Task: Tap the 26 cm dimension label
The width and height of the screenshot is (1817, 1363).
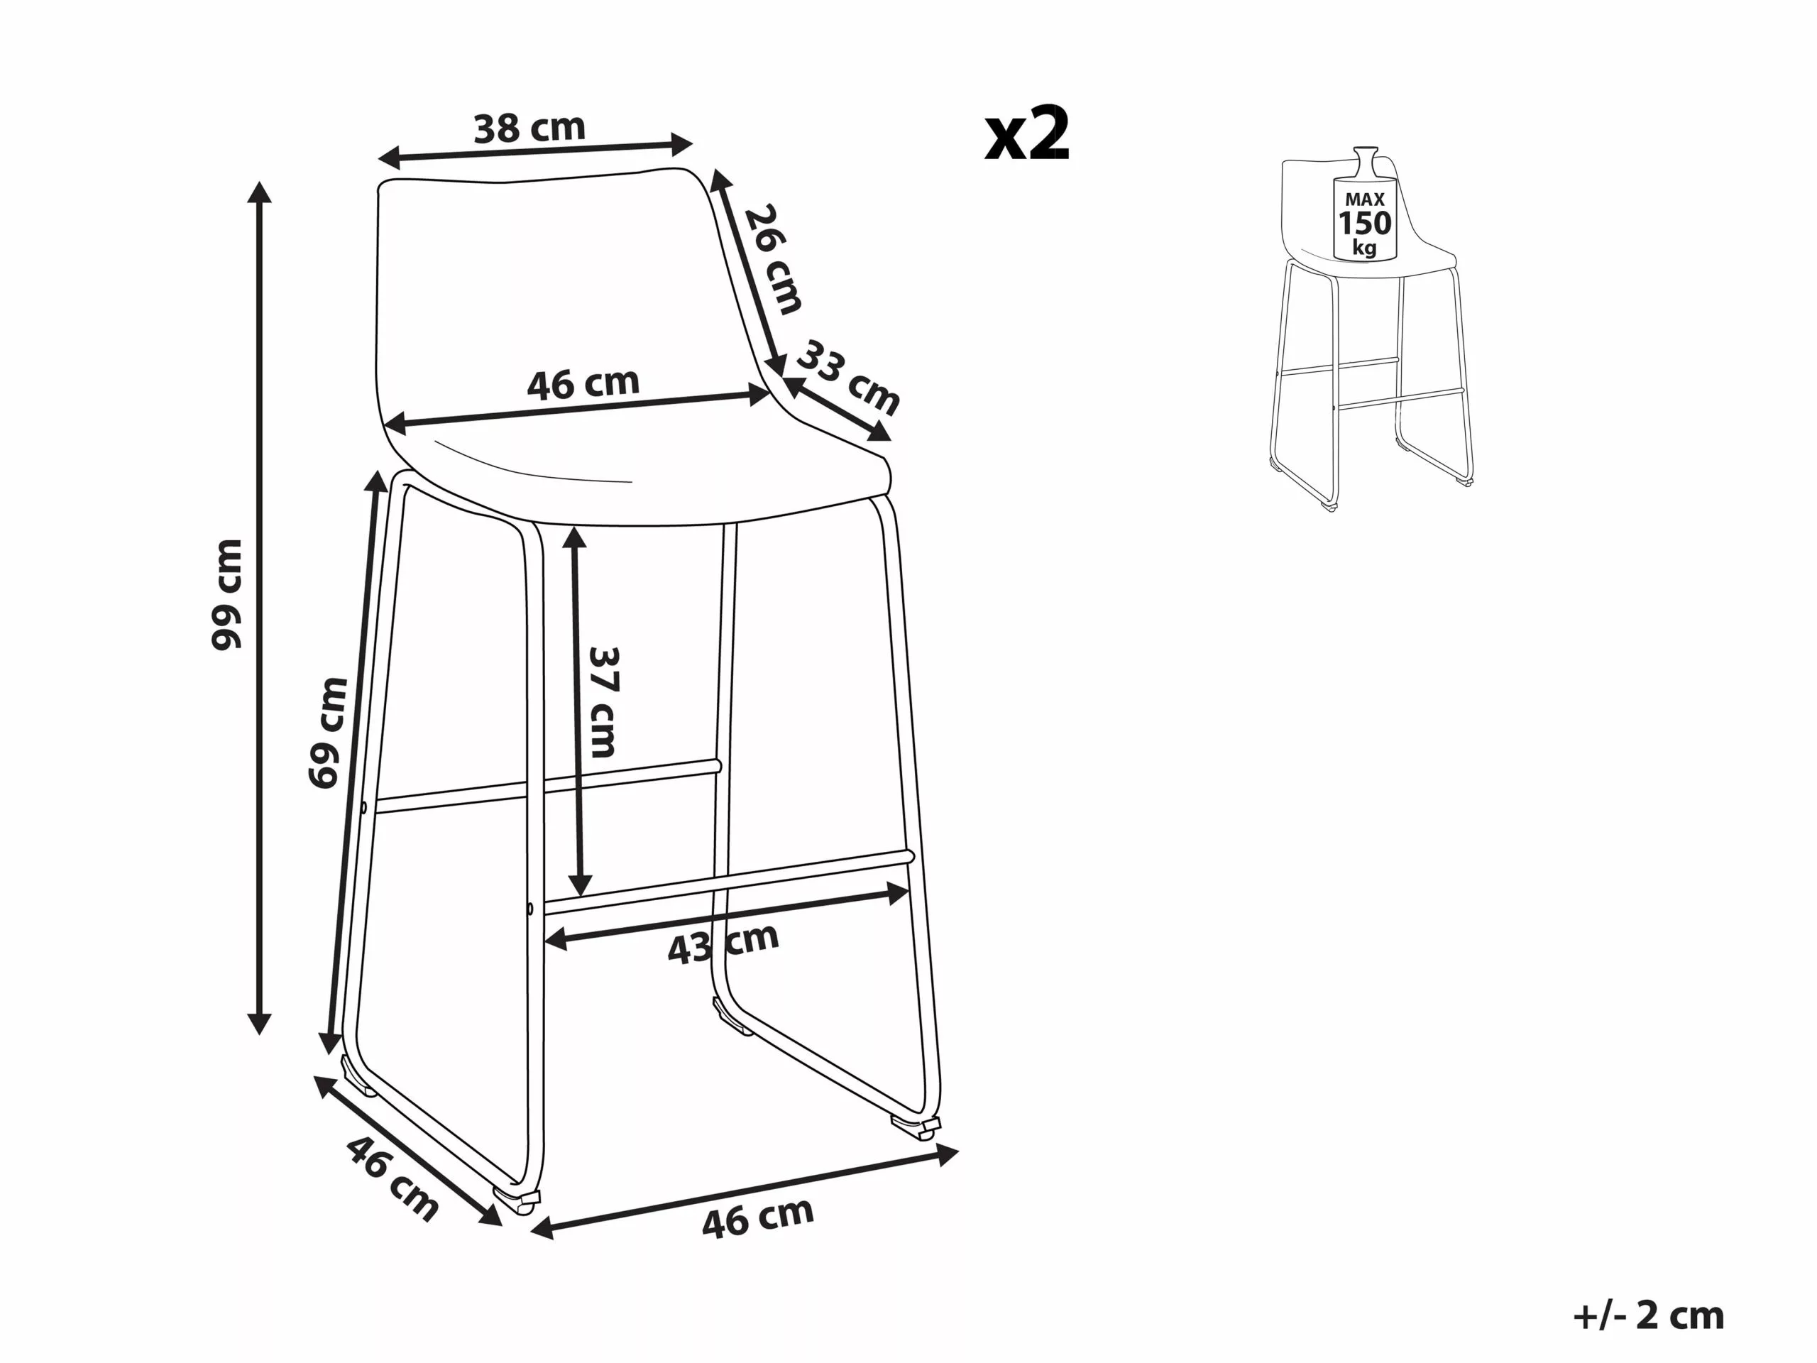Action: [773, 260]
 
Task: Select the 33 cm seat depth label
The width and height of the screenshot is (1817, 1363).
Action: [849, 377]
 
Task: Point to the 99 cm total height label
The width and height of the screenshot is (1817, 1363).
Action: [228, 595]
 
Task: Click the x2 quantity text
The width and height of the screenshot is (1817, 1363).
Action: [1028, 134]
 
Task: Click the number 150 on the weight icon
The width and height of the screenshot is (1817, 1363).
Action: [1365, 223]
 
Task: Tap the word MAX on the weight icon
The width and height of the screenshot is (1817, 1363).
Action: [1365, 199]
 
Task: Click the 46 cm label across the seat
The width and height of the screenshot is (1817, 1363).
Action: [583, 383]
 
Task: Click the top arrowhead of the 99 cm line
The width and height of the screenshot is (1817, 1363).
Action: [260, 192]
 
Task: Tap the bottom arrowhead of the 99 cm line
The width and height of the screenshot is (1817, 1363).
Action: [260, 1023]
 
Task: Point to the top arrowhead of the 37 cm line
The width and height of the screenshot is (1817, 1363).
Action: [575, 538]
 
